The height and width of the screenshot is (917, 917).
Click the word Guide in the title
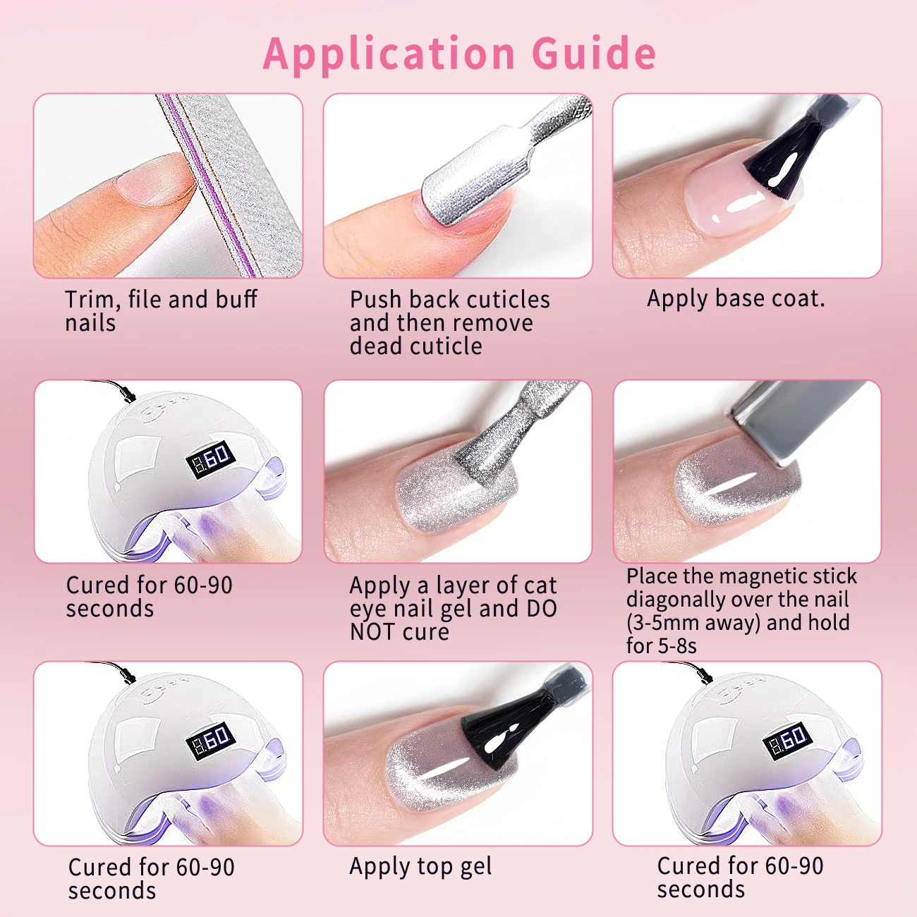(x=594, y=54)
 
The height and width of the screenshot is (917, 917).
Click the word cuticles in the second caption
(x=509, y=300)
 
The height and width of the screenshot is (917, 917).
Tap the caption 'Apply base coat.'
(x=735, y=298)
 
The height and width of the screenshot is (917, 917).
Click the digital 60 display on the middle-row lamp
(x=210, y=458)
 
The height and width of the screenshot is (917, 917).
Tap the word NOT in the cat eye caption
(x=373, y=632)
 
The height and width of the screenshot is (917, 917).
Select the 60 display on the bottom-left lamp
(x=210, y=739)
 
